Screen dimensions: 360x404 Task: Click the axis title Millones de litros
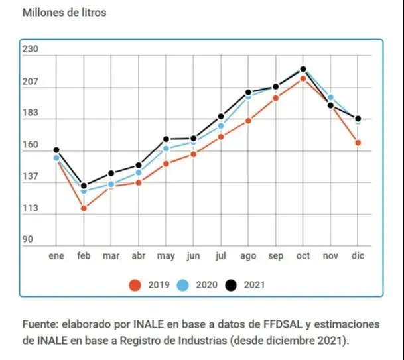tap(64, 13)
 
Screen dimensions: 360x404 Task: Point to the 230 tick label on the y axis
tap(32, 50)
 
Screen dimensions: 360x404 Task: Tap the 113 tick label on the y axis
tap(32, 209)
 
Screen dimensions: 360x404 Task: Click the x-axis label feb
tap(84, 256)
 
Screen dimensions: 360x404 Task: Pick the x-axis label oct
tap(303, 256)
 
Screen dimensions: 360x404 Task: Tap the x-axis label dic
tap(358, 256)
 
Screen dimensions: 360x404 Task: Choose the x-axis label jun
tap(193, 256)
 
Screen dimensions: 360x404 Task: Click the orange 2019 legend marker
tap(135, 285)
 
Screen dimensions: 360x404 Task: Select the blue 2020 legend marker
tap(184, 285)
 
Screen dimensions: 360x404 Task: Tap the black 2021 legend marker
tap(232, 285)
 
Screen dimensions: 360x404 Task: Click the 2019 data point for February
tap(84, 208)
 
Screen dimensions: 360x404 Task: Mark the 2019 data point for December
tap(358, 143)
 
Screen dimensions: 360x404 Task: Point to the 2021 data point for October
tap(303, 69)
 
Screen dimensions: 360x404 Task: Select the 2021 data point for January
tap(56, 150)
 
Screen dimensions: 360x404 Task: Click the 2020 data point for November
tap(330, 97)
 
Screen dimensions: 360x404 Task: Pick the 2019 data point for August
tap(248, 121)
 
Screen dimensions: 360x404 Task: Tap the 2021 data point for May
tap(166, 139)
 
